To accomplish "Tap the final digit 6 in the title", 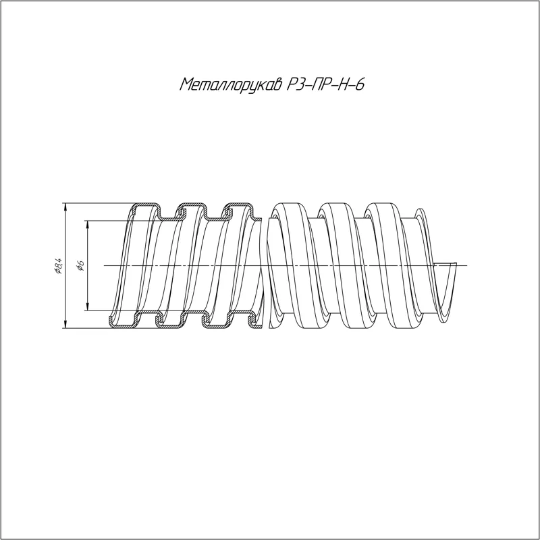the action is coord(359,84).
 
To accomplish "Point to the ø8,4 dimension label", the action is coord(58,265).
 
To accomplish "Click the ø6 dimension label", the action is coord(80,265).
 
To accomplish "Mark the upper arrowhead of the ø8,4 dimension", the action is coord(65,207).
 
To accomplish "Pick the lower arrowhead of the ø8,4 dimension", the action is coord(65,324).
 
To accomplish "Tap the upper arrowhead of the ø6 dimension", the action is coord(88,224).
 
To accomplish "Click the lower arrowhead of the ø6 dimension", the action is coord(88,306).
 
